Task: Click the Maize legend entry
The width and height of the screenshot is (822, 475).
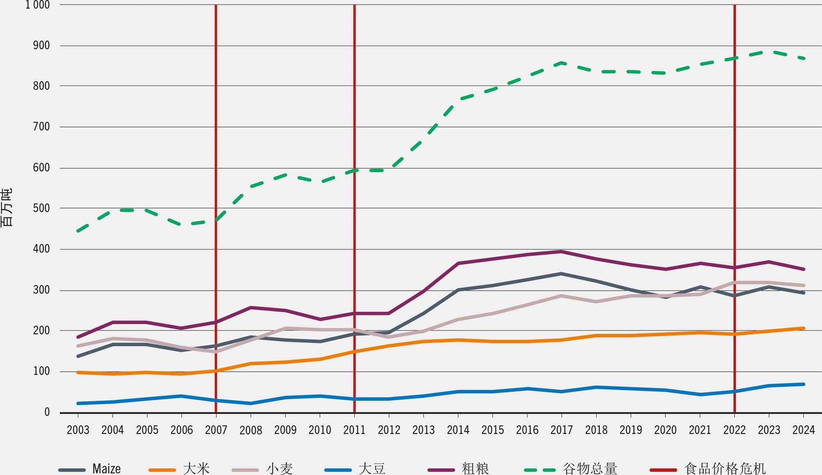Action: point(106,468)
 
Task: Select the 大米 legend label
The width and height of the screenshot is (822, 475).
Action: point(196,468)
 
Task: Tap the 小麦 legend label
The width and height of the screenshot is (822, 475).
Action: point(280,468)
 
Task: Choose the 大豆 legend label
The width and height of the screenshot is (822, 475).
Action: point(372,468)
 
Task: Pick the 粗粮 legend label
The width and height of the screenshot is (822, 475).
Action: point(476,468)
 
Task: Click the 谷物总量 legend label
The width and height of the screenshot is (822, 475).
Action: point(590,468)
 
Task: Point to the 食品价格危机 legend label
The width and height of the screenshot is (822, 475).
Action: point(725,468)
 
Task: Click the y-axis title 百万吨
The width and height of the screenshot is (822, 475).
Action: point(7,208)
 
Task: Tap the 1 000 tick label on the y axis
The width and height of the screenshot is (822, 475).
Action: point(37,5)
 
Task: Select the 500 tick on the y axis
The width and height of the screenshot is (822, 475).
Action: point(41,208)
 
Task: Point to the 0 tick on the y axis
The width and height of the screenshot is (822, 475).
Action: point(47,412)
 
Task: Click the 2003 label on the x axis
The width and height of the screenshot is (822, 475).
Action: point(78,430)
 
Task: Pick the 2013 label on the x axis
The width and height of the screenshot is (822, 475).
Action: point(423,430)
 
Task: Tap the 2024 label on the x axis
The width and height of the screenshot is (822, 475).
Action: point(803,430)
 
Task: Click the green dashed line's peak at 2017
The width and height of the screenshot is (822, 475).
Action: point(561,63)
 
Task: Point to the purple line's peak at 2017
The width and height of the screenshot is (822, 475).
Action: point(561,251)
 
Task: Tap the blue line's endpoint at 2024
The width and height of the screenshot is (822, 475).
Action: point(803,384)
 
